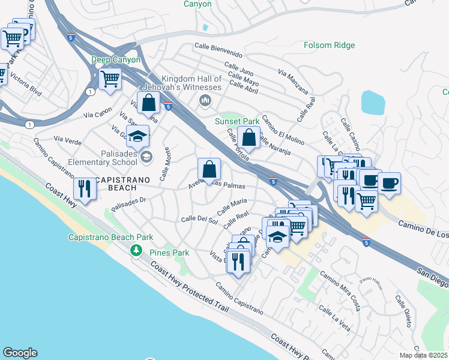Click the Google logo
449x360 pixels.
(20, 353)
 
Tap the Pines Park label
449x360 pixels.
(169, 253)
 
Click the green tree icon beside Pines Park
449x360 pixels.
(137, 250)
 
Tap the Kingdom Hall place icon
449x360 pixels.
(205, 100)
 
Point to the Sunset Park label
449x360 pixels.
(237, 121)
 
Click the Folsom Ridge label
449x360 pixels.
(330, 45)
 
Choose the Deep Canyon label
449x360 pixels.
(116, 59)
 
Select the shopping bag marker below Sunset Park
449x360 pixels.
(249, 137)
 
